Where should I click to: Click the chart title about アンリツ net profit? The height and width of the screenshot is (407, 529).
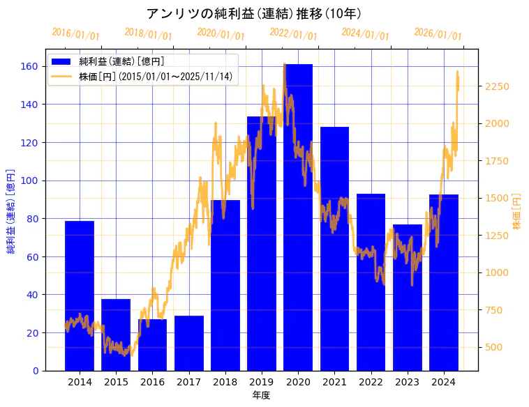click(x=253, y=14)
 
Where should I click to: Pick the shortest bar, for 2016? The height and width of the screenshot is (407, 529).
click(x=152, y=344)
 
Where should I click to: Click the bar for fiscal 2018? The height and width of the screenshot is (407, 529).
click(x=225, y=285)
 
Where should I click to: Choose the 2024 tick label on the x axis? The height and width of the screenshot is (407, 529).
click(x=444, y=382)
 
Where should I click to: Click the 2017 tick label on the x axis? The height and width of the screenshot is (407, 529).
click(x=188, y=382)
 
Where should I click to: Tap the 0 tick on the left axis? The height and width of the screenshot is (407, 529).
click(x=36, y=371)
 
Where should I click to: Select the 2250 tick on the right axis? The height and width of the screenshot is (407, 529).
click(x=497, y=86)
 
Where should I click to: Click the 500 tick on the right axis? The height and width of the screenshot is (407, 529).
click(x=494, y=347)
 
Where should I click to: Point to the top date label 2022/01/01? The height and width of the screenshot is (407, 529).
click(x=293, y=34)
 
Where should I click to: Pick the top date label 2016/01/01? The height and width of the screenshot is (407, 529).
click(x=75, y=34)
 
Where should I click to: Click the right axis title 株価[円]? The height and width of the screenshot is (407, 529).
click(x=517, y=210)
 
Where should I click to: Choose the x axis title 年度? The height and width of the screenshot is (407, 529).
click(x=261, y=395)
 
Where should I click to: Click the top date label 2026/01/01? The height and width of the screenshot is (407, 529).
click(x=438, y=34)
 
